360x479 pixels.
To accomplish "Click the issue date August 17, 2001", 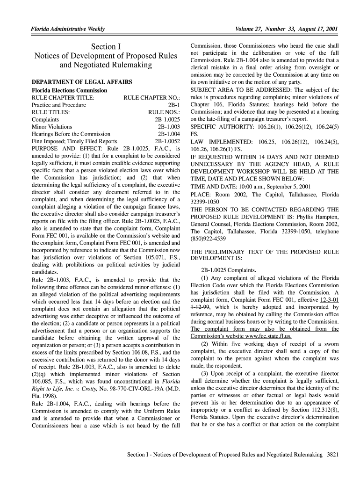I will (315, 29).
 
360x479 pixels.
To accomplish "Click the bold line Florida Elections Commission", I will (69, 90).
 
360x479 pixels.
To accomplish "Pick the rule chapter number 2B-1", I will (174, 105).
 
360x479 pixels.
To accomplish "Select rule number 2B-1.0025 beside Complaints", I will (167, 120).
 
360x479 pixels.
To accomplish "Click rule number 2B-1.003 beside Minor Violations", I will (169, 127).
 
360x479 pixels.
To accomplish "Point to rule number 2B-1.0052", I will (167, 141).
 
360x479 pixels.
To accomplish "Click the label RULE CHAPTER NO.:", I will (151, 98).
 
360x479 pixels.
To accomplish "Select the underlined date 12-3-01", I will (329, 300).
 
